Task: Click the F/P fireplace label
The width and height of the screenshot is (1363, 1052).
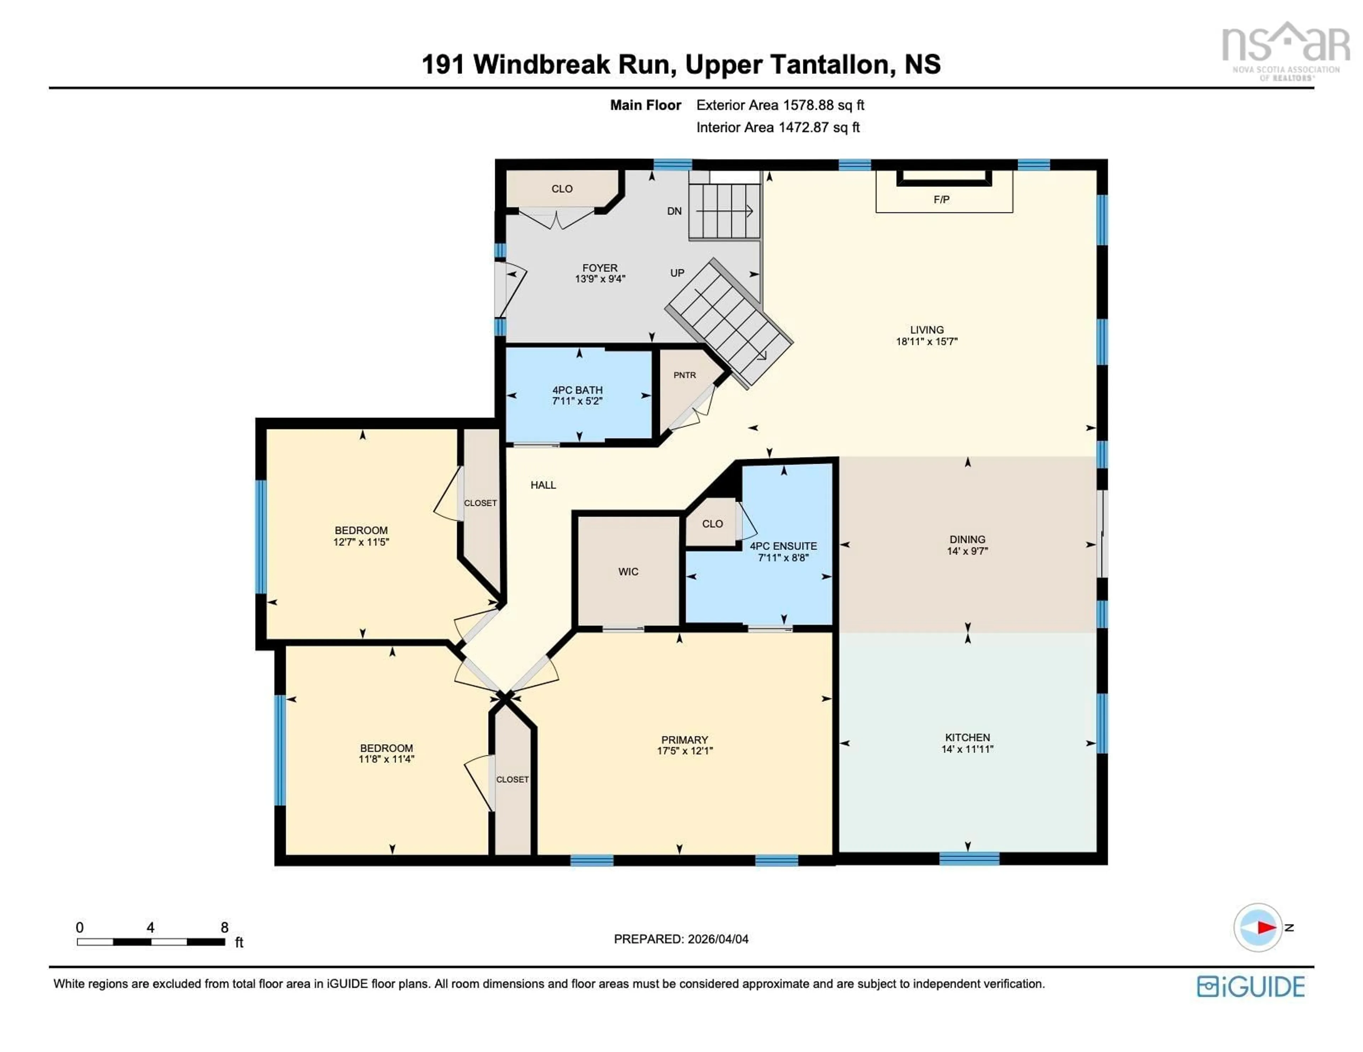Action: (x=941, y=200)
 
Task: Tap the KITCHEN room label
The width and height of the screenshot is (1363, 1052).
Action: (x=967, y=737)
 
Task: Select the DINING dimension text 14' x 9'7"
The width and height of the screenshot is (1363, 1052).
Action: (x=967, y=551)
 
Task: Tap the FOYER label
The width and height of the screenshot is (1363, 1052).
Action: (x=600, y=268)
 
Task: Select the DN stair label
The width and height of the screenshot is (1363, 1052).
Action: (x=674, y=211)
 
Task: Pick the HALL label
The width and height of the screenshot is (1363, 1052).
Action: (x=543, y=485)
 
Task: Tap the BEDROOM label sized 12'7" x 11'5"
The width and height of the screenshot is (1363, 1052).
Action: (x=361, y=530)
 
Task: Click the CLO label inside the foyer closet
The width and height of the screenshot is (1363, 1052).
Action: (x=562, y=188)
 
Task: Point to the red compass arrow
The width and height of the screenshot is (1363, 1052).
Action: (x=1266, y=927)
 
